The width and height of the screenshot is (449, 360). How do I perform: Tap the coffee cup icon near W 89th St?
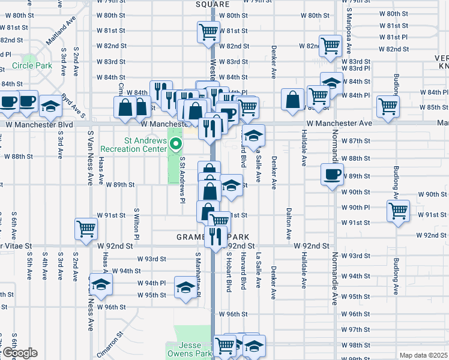[332, 175]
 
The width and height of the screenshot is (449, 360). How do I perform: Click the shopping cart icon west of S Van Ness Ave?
[86, 228]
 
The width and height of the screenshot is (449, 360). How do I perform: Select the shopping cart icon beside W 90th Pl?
[398, 211]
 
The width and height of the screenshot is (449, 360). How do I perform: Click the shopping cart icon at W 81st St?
[208, 31]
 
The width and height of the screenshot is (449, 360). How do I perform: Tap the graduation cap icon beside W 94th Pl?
[101, 284]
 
